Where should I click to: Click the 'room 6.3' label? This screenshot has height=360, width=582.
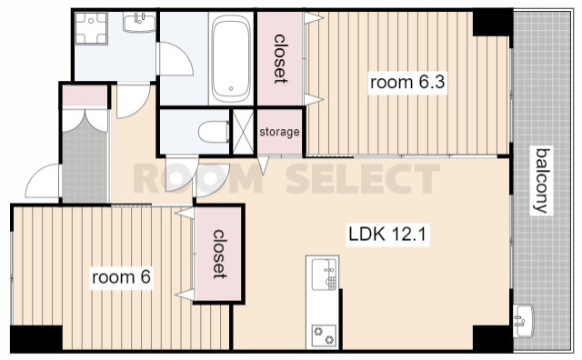tap(407, 83)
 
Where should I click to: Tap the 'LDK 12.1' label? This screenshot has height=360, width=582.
tap(387, 235)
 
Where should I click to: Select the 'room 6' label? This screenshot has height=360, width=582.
tap(121, 277)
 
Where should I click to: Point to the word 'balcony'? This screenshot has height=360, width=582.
tap(541, 181)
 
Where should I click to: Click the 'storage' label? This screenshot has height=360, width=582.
tap(279, 132)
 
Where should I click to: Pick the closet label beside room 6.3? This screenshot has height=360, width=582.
tap(279, 59)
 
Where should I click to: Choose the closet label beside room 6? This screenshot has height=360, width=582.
tap(218, 255)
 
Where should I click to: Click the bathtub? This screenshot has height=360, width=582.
tap(230, 59)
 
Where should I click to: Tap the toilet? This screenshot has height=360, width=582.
tap(215, 132)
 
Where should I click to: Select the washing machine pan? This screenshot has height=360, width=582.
tap(91, 28)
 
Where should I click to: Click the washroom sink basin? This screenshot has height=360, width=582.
tap(139, 22)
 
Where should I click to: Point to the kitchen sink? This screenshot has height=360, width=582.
tap(324, 275)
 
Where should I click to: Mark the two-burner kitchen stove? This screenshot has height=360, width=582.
tap(324, 335)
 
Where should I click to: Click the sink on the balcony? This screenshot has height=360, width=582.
tap(523, 321)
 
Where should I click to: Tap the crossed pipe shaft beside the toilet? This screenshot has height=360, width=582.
tap(243, 132)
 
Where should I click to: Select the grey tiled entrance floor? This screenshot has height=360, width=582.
tap(85, 164)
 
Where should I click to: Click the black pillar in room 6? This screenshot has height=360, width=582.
tap(36, 338)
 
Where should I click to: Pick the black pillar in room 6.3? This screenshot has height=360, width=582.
tap(492, 23)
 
